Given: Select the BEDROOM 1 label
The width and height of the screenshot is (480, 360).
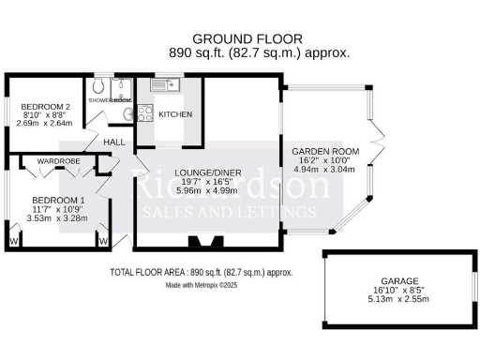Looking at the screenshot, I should [x=58, y=200].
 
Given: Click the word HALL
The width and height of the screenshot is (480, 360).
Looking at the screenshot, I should [x=114, y=142].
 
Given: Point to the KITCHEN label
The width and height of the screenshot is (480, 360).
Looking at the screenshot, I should [x=175, y=114].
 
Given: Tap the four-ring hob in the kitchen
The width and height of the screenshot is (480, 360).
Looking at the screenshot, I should [x=146, y=114].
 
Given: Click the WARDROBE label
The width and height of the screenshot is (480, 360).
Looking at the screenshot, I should [x=58, y=162].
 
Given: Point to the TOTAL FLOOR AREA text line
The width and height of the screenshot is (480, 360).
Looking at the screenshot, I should [x=201, y=272].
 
